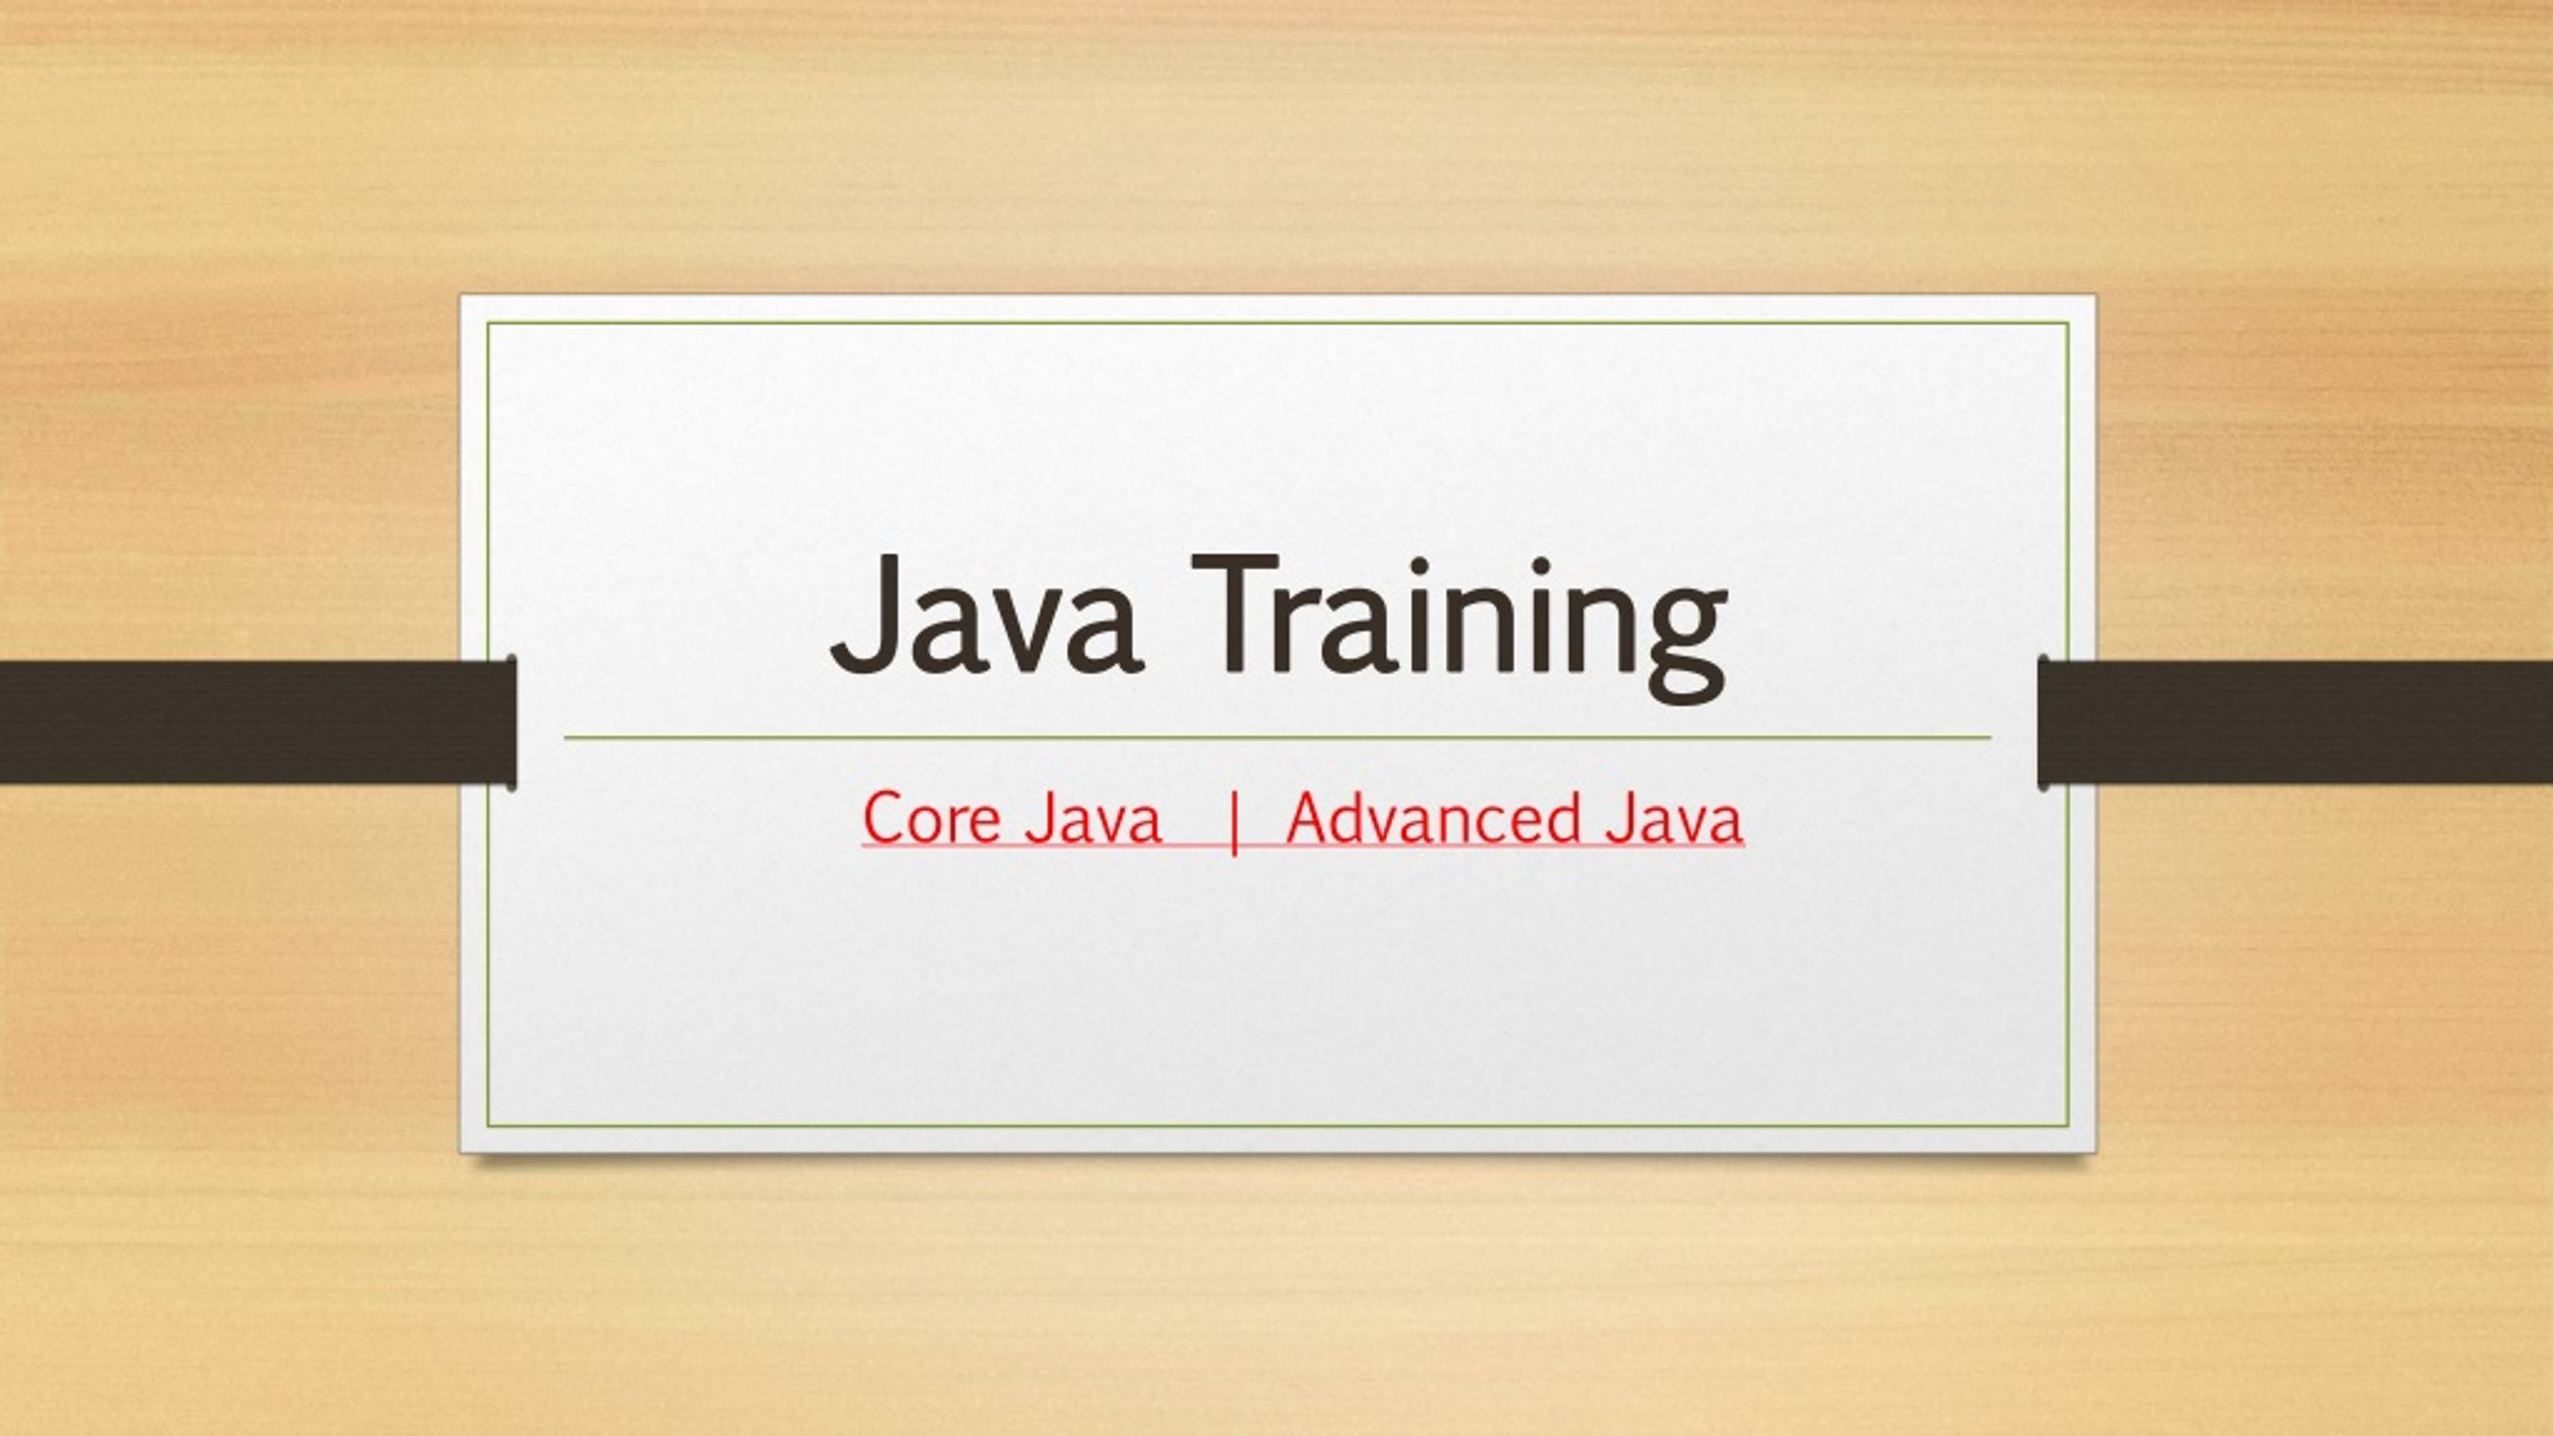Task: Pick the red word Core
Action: (931, 819)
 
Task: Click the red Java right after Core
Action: (1092, 819)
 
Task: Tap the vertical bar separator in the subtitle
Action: (1236, 822)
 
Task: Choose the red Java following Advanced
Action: (1674, 819)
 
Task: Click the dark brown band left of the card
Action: (257, 721)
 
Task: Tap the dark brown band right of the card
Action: (2295, 721)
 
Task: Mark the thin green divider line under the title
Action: (1277, 738)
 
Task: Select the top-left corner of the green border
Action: (488, 323)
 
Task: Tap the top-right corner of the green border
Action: (2069, 323)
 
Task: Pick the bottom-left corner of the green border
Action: (488, 1127)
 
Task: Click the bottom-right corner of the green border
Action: (2069, 1127)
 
